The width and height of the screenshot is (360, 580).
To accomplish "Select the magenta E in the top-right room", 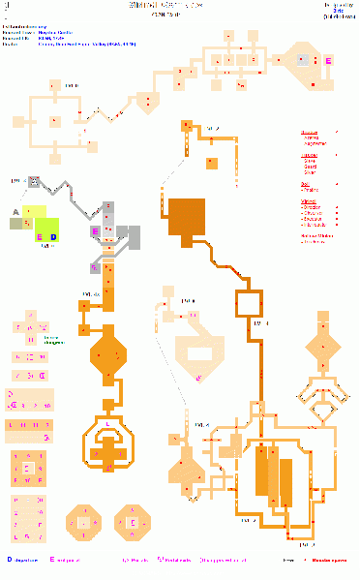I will (x=327, y=61).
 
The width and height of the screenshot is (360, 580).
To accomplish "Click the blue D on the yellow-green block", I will (x=53, y=236).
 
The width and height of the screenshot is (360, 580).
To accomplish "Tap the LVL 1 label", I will (x=16, y=180).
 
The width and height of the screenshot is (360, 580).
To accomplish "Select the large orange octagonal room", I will (x=108, y=354).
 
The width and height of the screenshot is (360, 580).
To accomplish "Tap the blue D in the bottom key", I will (x=9, y=559).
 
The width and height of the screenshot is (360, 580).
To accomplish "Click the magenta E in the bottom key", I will (x=51, y=559).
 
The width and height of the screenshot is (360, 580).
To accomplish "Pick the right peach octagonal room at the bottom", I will (x=134, y=523).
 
